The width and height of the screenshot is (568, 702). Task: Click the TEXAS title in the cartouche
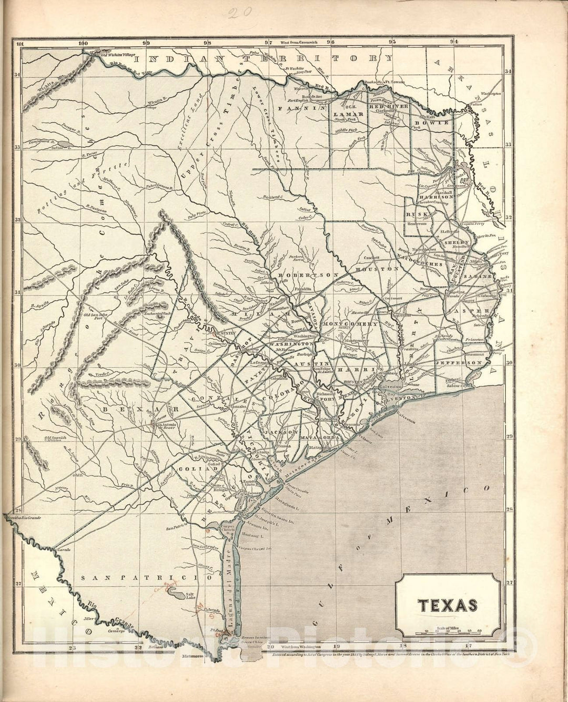point(448,605)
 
